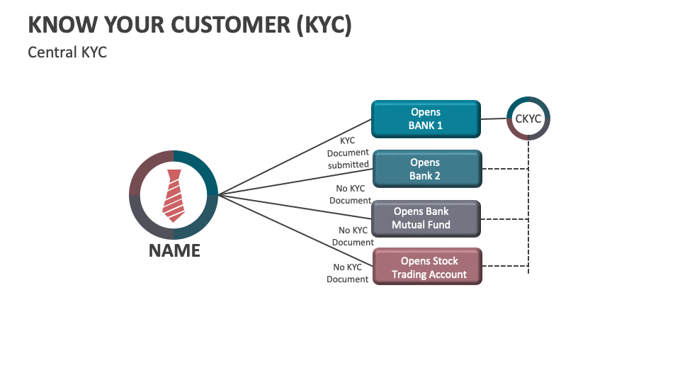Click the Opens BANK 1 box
[426, 118]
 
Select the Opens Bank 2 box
[426, 169]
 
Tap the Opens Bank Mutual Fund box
[426, 218]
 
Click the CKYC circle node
[528, 118]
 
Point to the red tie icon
[174, 195]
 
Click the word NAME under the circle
[174, 250]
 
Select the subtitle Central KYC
[67, 52]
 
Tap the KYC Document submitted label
[348, 152]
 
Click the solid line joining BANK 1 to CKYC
[494, 118]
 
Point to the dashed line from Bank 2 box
[504, 169]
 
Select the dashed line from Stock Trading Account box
[504, 267]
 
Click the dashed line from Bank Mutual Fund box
[504, 219]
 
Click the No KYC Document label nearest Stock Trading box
[348, 273]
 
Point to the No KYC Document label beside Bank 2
[350, 194]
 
